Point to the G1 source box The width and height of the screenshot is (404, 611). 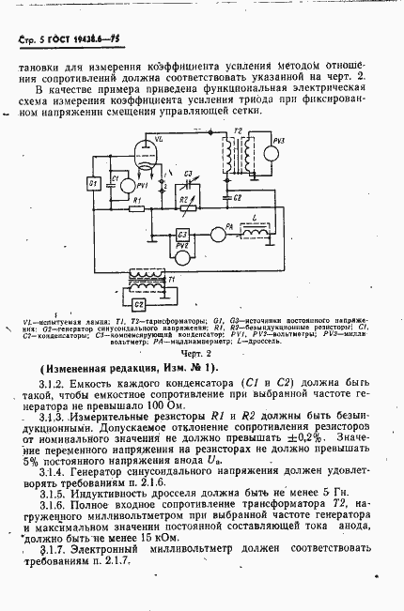[x=93, y=184]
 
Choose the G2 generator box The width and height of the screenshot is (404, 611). [x=138, y=304]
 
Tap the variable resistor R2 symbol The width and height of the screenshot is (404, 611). [x=187, y=208]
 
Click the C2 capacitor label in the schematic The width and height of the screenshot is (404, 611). [x=238, y=198]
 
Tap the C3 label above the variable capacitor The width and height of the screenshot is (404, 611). [x=187, y=175]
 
